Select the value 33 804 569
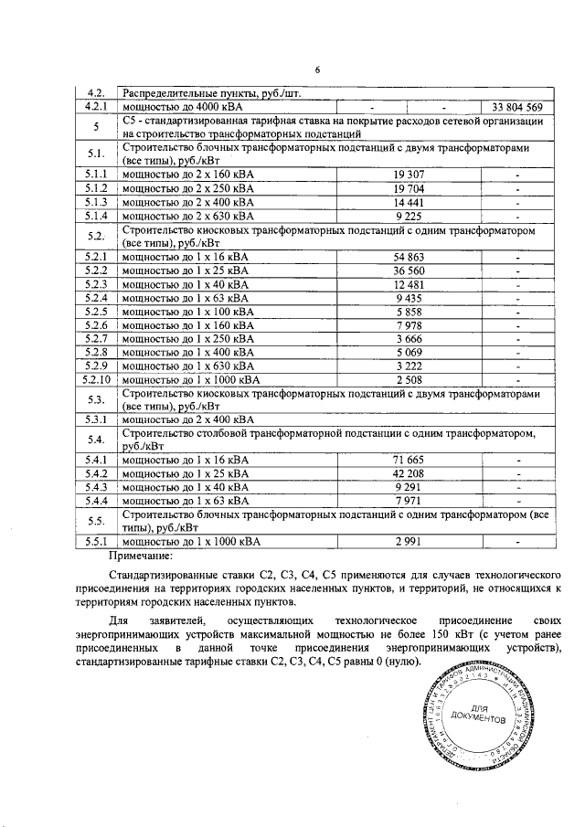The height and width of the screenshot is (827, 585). coord(517,107)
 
